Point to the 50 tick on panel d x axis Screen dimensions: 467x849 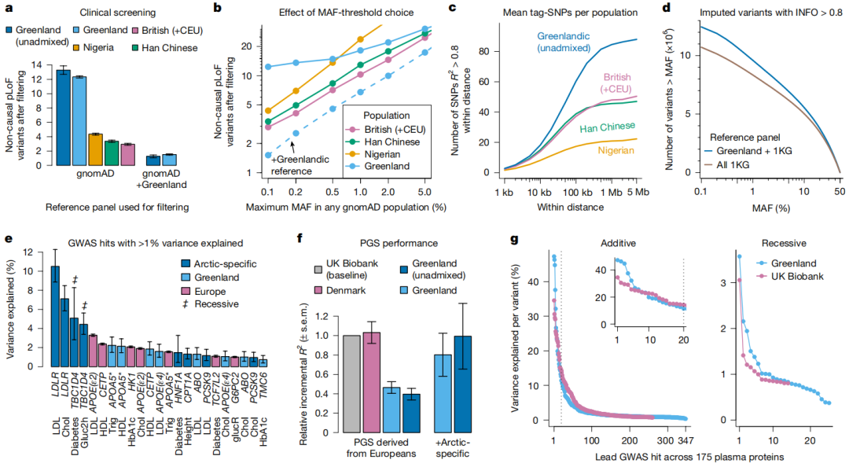[840, 188]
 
